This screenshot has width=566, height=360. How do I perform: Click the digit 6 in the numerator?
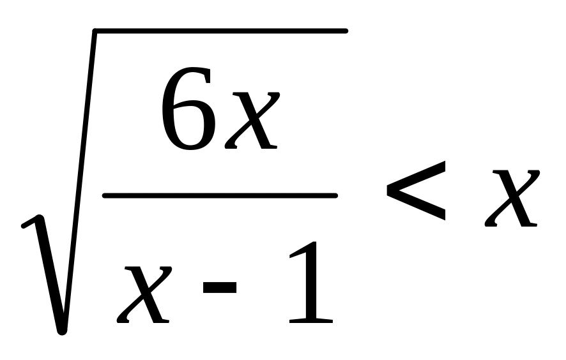pos(188,109)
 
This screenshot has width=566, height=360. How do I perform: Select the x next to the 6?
pos(252,120)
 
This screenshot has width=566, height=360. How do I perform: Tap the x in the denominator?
pos(144,294)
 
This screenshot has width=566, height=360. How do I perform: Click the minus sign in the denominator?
pos(220,287)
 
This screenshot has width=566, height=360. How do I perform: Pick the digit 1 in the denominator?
pos(311,282)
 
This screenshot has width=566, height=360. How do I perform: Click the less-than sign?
pos(416,190)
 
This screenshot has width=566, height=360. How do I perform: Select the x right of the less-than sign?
pos(512,198)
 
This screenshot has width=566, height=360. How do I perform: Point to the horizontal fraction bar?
pos(220,196)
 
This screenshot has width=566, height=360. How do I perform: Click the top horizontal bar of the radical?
pos(220,31)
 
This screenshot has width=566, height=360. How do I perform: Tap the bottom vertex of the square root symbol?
pos(62,331)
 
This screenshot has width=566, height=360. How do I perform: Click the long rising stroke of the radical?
pos(79,181)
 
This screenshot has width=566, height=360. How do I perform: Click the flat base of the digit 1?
pos(311,321)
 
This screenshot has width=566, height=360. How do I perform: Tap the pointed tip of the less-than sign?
pos(387,190)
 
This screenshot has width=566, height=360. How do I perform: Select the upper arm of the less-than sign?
pos(416,175)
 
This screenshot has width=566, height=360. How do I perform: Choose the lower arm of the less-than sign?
pos(416,206)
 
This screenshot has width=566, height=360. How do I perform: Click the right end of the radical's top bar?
pos(346,31)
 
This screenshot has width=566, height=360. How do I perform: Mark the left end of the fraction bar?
pos(105,196)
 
